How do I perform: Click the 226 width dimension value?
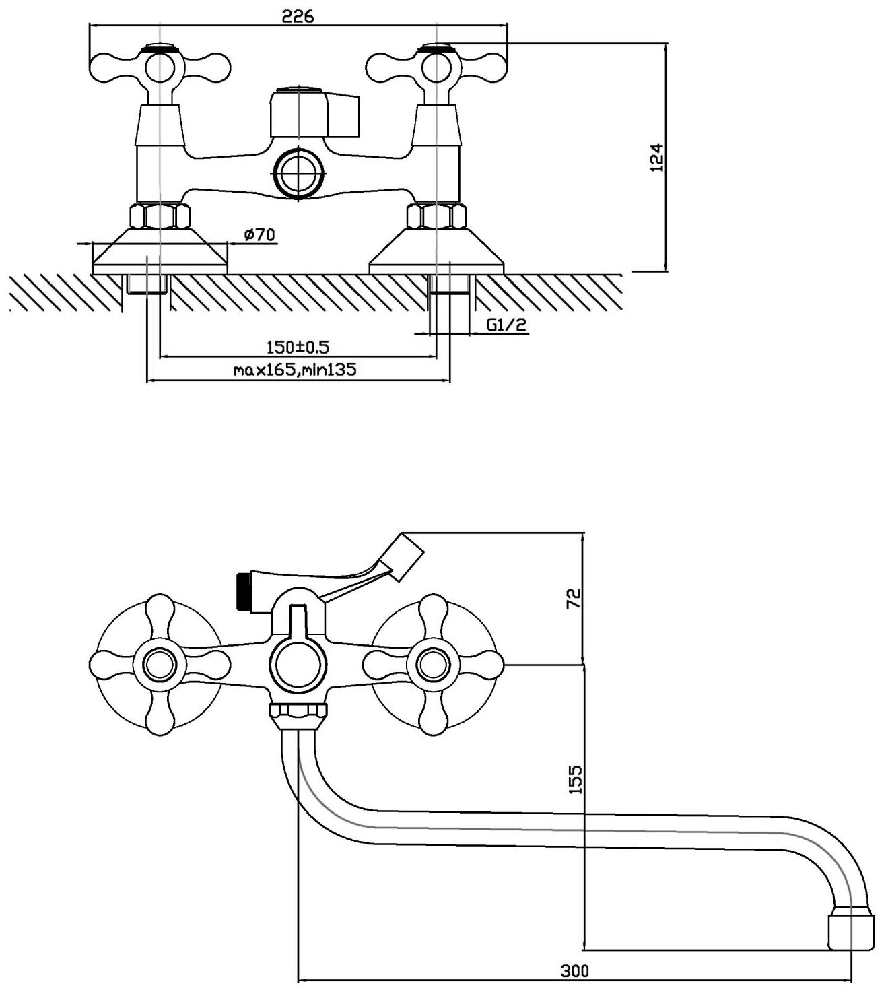pyautogui.click(x=298, y=16)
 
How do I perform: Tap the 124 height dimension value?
pyautogui.click(x=658, y=157)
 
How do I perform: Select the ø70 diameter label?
pyautogui.click(x=259, y=236)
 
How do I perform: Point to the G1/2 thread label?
pyautogui.click(x=506, y=325)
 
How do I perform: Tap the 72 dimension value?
pyautogui.click(x=573, y=597)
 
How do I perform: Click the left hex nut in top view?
pyautogui.click(x=160, y=216)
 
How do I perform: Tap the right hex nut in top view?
pyautogui.click(x=437, y=216)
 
